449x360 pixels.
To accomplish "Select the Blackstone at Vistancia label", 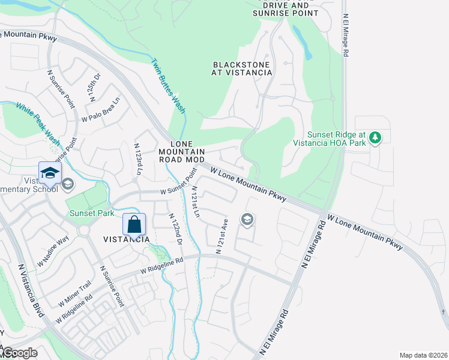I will (x=242, y=68).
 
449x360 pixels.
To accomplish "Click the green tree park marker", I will (x=375, y=138).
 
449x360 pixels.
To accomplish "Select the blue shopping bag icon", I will (x=134, y=224).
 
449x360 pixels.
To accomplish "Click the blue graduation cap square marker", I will (x=50, y=173).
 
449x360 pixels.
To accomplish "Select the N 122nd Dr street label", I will (x=175, y=229).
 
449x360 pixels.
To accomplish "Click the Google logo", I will (x=20, y=353).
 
